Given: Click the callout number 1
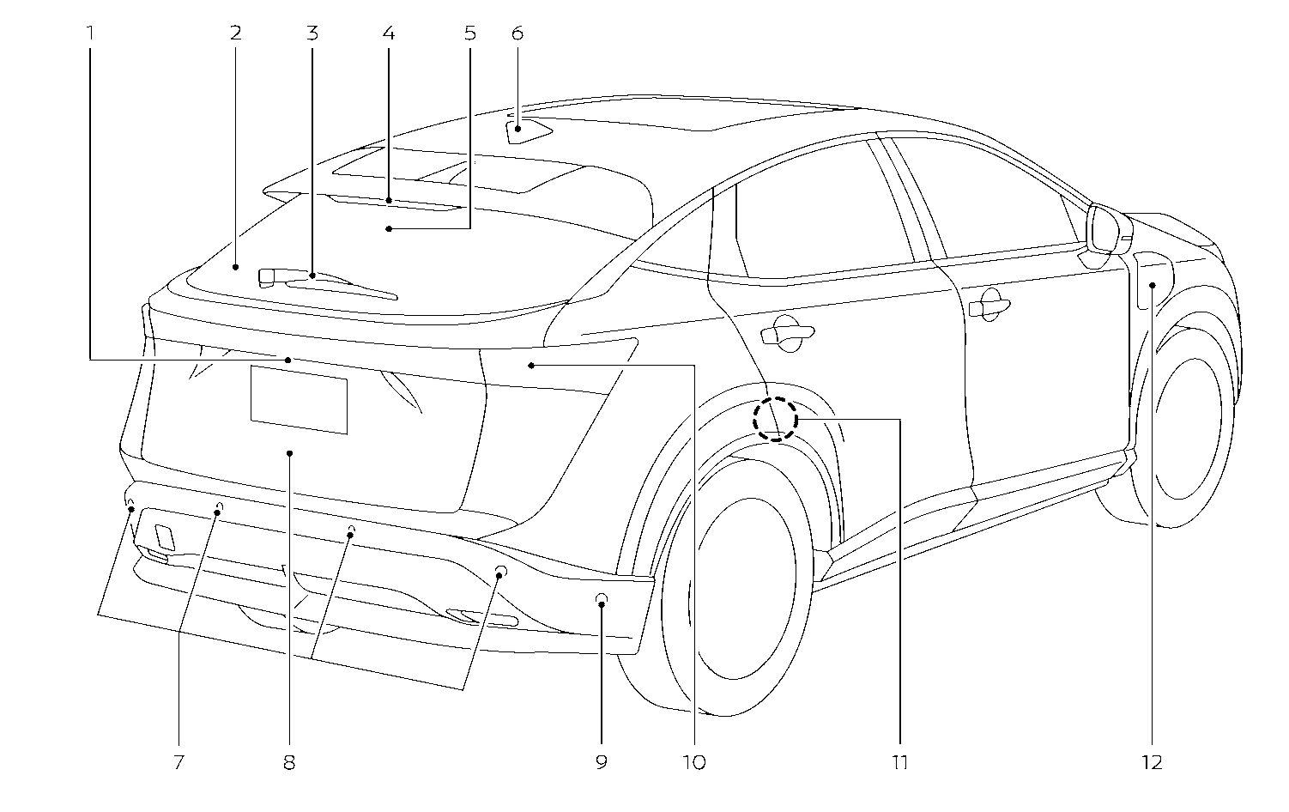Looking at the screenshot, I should point(90,33).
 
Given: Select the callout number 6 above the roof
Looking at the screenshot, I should point(517,33).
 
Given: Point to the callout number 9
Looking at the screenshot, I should point(601,761).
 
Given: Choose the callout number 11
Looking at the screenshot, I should point(899,761).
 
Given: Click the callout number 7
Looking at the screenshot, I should point(179,761).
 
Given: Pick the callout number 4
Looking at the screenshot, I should point(389,33).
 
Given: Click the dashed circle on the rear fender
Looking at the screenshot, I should point(776,419).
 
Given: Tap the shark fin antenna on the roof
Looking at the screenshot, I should point(525,131).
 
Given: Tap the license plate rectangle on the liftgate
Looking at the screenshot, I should point(299,399).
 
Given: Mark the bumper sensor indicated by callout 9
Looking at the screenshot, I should point(602,599).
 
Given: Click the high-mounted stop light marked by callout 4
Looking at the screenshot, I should point(390,203).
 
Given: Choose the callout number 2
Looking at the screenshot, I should point(235,33).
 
